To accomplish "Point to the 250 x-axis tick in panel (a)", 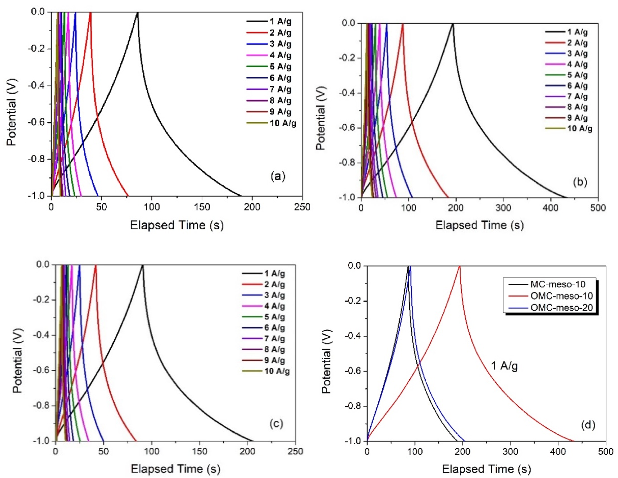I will coord(302,207).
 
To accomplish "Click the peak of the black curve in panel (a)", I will coord(137,13).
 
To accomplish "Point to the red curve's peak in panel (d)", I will coord(460,266).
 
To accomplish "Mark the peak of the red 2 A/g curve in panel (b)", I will coord(403,24).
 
